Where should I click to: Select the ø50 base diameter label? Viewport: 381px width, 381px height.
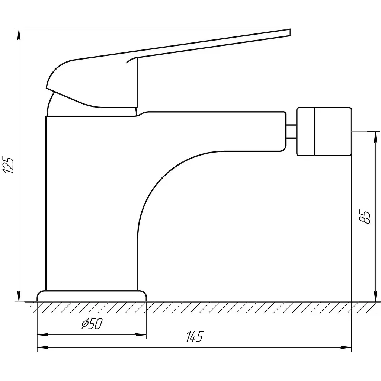click(x=92, y=324)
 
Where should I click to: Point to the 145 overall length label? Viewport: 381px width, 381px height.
click(x=194, y=336)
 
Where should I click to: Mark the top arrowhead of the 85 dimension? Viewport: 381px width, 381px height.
click(x=377, y=137)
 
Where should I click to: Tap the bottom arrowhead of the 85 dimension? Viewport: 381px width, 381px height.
click(x=377, y=296)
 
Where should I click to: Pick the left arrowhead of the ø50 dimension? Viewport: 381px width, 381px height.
click(x=43, y=335)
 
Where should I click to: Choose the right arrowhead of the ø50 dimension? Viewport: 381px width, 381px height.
click(x=141, y=335)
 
